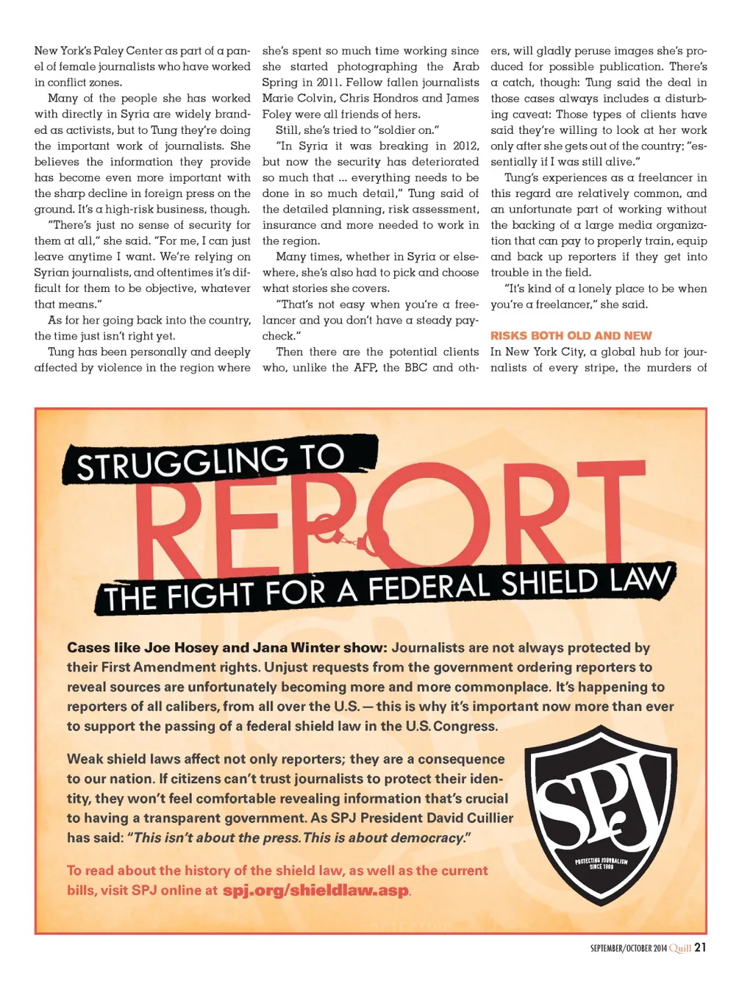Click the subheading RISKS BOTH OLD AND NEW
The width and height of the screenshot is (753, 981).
click(x=571, y=335)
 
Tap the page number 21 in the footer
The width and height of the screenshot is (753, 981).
click(x=700, y=947)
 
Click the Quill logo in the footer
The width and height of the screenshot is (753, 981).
click(x=680, y=948)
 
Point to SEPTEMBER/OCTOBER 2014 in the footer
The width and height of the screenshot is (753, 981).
click(x=629, y=948)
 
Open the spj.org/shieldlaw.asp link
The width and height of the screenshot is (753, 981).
click(x=315, y=891)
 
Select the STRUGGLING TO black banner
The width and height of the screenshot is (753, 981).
click(x=218, y=460)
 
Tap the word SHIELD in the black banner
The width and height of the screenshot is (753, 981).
click(x=549, y=585)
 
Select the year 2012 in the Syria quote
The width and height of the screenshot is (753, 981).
click(x=465, y=146)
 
